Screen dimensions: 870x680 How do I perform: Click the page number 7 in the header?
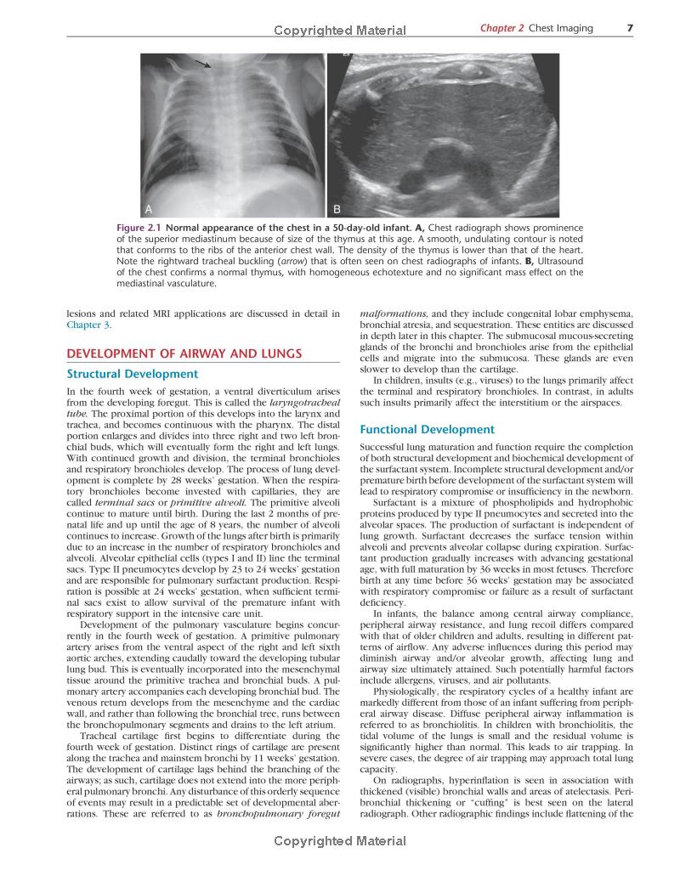point(630,28)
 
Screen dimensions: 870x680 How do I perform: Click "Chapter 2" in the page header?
point(501,28)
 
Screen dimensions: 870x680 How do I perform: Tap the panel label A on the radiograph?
point(149,209)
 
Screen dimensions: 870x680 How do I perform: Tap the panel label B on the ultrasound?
point(337,209)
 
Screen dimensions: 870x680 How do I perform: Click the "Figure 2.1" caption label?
point(139,229)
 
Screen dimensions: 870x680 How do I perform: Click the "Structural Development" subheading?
point(132,374)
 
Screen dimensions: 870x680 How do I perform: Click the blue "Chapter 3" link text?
point(88,325)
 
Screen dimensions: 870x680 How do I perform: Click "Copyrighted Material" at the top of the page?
point(340,31)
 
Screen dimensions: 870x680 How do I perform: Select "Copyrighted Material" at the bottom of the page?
point(340,841)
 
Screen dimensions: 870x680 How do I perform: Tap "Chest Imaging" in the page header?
point(561,28)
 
